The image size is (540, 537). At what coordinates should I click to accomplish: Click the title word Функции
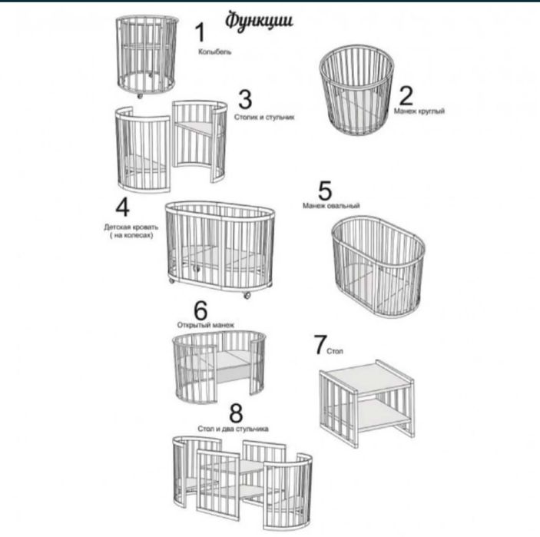point(259,21)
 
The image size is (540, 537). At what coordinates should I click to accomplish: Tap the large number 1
point(200,32)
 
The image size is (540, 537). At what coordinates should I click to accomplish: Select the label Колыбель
point(214,52)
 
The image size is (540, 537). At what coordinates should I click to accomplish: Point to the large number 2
point(406,95)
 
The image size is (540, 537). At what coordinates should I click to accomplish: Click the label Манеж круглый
point(419,111)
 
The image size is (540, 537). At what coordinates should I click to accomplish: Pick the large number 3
point(245,100)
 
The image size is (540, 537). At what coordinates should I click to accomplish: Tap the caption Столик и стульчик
point(264,117)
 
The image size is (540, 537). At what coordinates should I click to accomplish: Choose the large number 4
point(123,207)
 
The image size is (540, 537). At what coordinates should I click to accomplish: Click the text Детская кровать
point(131,227)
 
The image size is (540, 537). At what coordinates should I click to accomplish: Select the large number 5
point(325,191)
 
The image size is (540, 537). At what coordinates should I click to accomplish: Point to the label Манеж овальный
point(331,206)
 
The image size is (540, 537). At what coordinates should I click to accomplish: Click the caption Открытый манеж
point(206,325)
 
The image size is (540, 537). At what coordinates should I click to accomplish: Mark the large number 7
point(320,344)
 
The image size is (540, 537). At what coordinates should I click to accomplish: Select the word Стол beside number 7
point(335,351)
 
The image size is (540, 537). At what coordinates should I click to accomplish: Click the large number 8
point(236,413)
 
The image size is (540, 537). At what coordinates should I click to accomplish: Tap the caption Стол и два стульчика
point(234,429)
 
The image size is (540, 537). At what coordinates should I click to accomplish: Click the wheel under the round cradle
point(140,96)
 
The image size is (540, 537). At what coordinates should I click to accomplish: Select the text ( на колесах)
point(131,236)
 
